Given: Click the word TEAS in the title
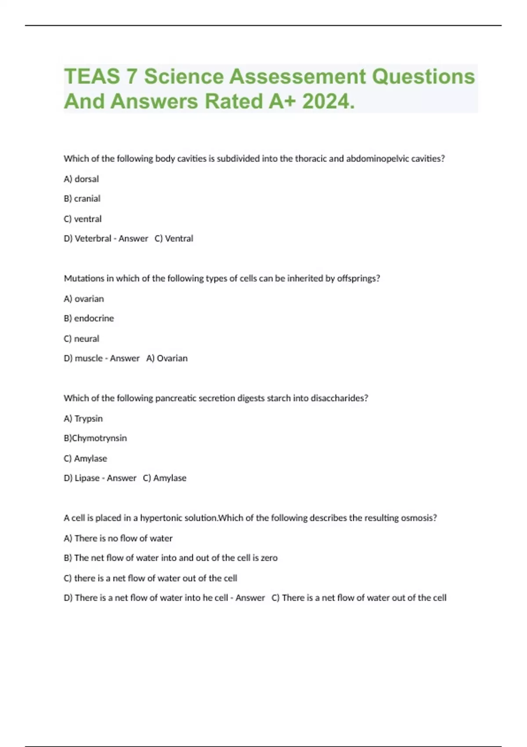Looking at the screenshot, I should point(92,76).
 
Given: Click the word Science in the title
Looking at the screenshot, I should point(184,76).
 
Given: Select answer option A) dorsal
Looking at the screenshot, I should point(81,179).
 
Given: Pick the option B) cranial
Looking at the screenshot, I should point(82,199).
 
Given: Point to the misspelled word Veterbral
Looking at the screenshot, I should point(93,239).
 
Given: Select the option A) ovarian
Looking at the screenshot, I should point(84,299).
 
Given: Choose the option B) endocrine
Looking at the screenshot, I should point(89,318).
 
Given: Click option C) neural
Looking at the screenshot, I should point(82,339).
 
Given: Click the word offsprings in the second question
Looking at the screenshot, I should point(358,279).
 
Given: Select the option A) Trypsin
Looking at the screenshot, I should point(83,418).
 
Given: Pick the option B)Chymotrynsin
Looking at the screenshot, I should point(95,438).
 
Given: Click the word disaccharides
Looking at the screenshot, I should point(339,398).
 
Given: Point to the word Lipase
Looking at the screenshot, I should point(87,478).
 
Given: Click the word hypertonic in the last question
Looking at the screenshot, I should point(163,518).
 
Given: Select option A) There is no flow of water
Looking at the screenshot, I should point(118,538).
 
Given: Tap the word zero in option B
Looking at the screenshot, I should point(269,558).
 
